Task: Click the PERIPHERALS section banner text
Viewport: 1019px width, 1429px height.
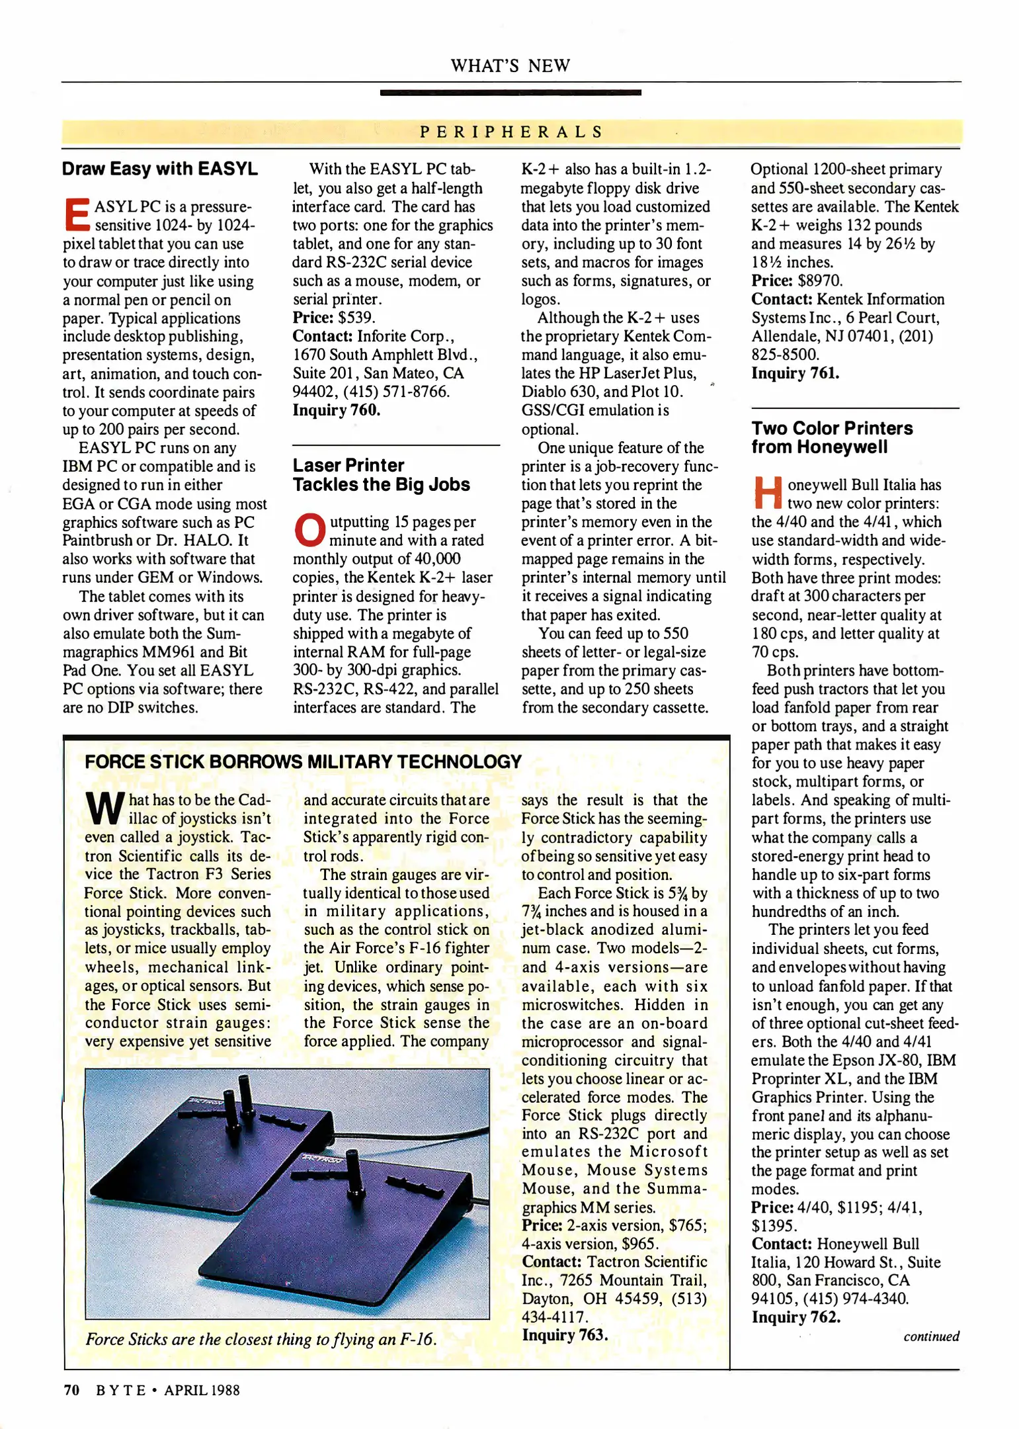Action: pyautogui.click(x=510, y=132)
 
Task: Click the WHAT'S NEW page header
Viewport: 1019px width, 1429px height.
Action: pyautogui.click(x=510, y=65)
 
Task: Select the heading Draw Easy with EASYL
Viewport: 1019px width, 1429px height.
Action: pyautogui.click(x=159, y=169)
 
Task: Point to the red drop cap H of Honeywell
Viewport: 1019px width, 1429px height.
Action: pyautogui.click(x=767, y=492)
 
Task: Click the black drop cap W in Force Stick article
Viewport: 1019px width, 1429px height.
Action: pyautogui.click(x=104, y=808)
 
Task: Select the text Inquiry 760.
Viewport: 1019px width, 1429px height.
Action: pyautogui.click(x=337, y=410)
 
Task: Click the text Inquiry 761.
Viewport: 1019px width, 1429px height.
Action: pyautogui.click(x=795, y=373)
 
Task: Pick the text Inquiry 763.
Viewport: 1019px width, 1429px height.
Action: pyautogui.click(x=565, y=1335)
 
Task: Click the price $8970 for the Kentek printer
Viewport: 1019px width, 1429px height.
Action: pyautogui.click(x=820, y=281)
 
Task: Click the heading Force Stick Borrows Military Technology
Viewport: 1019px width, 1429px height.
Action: pyautogui.click(x=303, y=761)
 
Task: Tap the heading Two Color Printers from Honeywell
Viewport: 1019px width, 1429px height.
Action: pyautogui.click(x=831, y=437)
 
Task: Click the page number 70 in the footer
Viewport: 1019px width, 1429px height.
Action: pyautogui.click(x=71, y=1390)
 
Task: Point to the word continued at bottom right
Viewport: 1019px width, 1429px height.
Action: pyautogui.click(x=931, y=1336)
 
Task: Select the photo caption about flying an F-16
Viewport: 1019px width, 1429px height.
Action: pyautogui.click(x=261, y=1339)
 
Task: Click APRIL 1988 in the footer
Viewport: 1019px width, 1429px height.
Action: pyautogui.click(x=202, y=1390)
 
